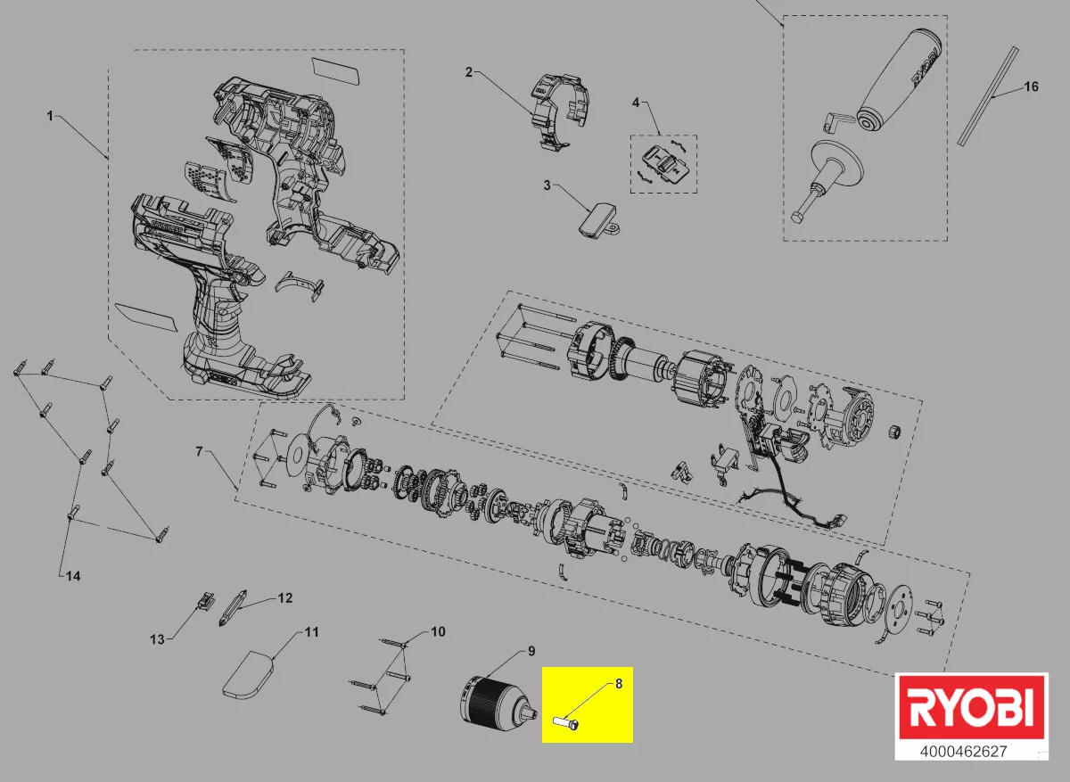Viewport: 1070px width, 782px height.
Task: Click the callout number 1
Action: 51,116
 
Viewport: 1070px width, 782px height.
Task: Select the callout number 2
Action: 468,72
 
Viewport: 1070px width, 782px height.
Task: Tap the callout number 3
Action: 547,186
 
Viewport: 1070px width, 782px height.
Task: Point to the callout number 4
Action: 636,103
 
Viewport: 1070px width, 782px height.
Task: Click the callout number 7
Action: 199,452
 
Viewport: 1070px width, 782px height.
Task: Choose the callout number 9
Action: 531,651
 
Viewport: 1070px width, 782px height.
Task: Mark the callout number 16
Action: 1031,86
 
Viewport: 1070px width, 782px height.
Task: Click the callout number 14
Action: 73,576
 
